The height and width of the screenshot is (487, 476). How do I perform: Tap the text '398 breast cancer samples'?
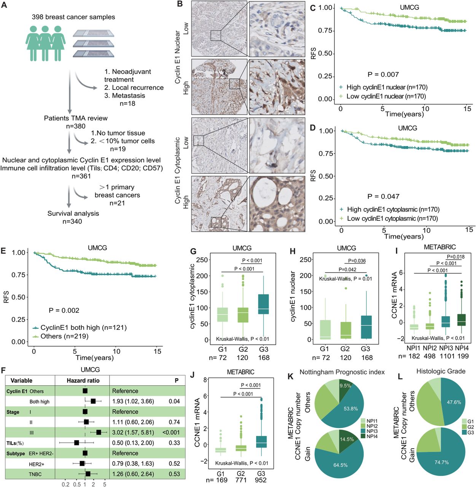pyautogui.click(x=73, y=17)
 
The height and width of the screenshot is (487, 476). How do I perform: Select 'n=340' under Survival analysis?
pyautogui.click(x=72, y=221)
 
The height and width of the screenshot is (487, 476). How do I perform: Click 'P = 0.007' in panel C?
pyautogui.click(x=383, y=75)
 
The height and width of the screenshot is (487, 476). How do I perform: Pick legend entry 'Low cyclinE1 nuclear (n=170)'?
pyautogui.click(x=386, y=97)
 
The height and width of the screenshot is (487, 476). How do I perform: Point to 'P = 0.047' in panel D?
pyautogui.click(x=383, y=197)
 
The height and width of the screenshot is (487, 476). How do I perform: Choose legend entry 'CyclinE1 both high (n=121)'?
pyautogui.click(x=83, y=328)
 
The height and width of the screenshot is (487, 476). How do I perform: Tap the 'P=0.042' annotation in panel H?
pyautogui.click(x=347, y=269)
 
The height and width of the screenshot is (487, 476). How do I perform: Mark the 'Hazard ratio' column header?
pyautogui.click(x=83, y=380)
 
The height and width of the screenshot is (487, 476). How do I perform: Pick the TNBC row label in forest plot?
pyautogui.click(x=35, y=474)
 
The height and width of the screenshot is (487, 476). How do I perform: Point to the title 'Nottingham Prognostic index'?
pyautogui.click(x=342, y=372)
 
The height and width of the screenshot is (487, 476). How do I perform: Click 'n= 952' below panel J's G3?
pyautogui.click(x=261, y=480)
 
